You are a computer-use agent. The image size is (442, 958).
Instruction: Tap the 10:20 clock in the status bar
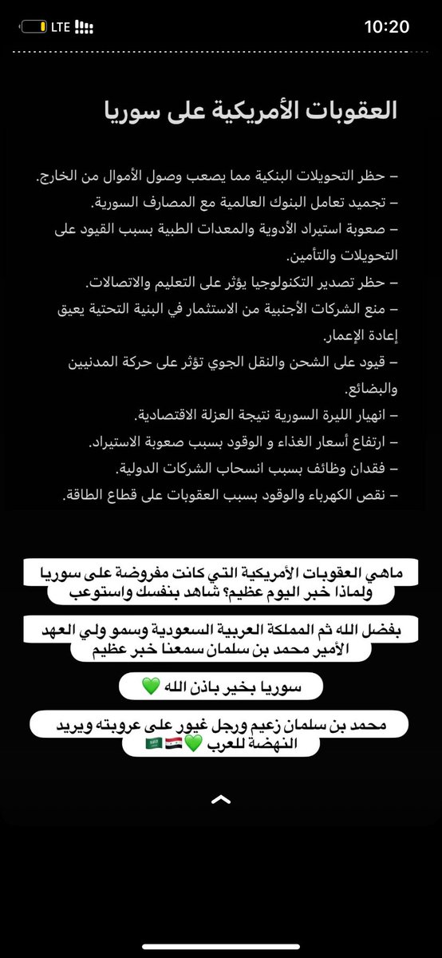(x=387, y=26)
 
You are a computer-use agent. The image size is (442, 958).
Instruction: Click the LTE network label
(x=61, y=27)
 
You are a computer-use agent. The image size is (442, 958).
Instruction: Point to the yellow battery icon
(x=33, y=27)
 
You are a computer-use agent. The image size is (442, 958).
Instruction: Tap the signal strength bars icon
(x=83, y=27)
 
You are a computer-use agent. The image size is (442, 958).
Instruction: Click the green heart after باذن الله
(x=151, y=686)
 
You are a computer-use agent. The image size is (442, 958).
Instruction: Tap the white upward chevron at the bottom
(x=221, y=799)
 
